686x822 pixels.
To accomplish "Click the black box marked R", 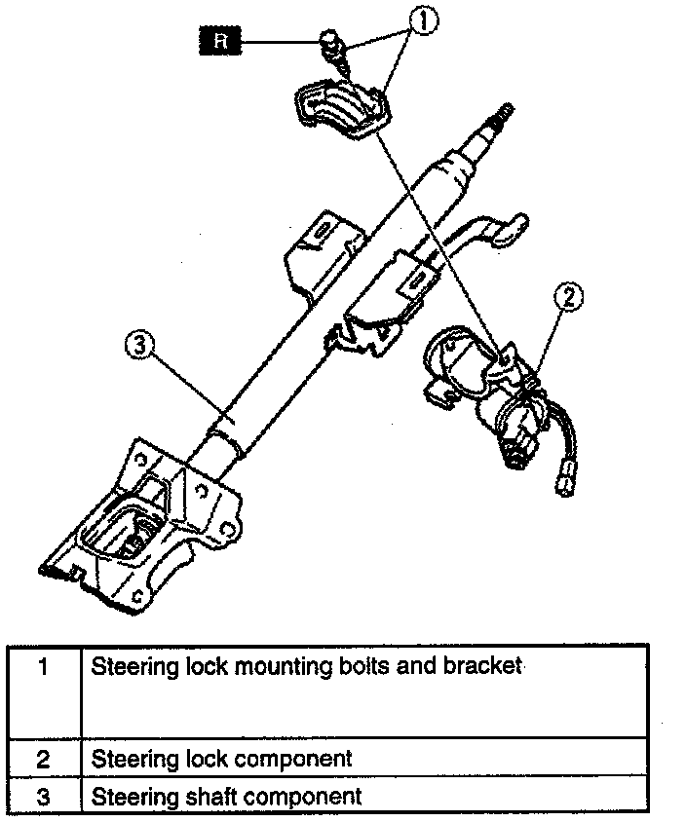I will (221, 41).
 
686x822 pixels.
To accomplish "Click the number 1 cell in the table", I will (43, 668).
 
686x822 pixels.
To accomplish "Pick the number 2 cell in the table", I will (43, 758).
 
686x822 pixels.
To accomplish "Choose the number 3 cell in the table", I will (43, 796).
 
